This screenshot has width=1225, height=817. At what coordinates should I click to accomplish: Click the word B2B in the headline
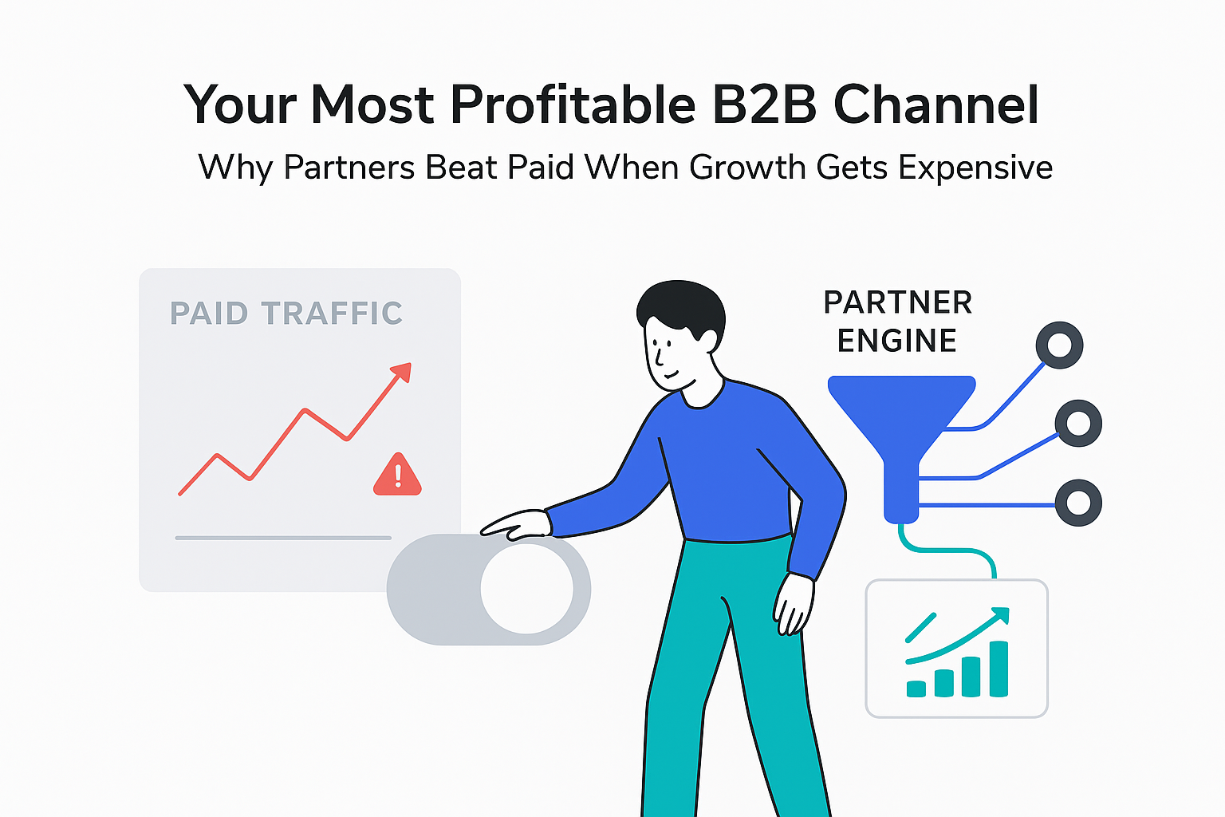763,105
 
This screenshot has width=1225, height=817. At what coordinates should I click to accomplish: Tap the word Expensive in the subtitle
975,168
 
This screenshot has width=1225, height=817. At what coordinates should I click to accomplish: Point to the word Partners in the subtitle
349,168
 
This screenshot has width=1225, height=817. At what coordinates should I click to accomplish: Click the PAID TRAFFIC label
286,313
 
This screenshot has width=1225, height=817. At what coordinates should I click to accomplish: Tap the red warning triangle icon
397,476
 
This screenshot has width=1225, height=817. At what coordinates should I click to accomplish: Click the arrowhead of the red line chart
402,373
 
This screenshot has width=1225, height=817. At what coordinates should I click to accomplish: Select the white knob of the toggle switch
526,589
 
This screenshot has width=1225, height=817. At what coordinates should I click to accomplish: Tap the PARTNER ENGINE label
897,322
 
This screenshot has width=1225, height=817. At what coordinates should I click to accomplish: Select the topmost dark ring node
1059,345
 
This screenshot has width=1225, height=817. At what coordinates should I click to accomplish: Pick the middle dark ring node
1078,423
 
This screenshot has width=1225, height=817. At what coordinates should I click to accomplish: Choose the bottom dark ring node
1078,503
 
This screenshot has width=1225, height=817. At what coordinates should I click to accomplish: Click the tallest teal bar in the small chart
998,669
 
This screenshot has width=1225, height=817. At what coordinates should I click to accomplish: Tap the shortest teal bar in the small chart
916,689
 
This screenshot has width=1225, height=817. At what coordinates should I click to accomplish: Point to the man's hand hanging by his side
794,604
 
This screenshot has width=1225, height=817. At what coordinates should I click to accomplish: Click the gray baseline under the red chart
283,538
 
